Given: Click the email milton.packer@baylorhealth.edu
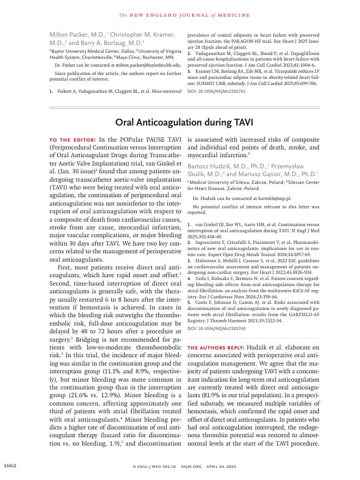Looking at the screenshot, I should point(144,65).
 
